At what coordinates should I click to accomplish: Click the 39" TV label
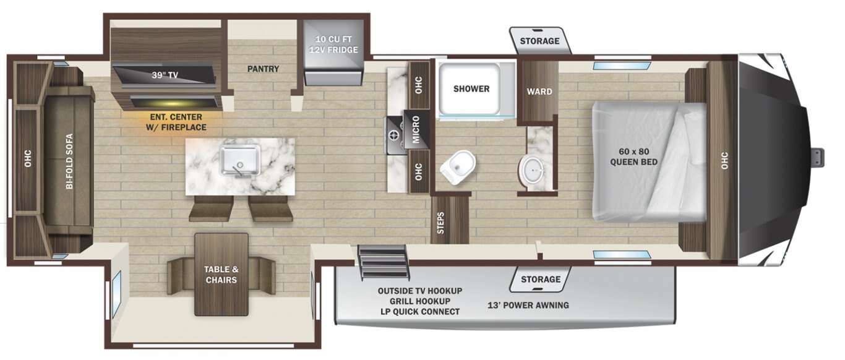(165, 75)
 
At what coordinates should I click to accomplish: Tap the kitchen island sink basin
(240, 160)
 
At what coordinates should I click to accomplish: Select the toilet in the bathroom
(458, 168)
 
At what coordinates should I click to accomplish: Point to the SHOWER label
(471, 88)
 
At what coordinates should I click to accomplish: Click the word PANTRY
(263, 69)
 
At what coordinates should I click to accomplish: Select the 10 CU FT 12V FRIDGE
(333, 52)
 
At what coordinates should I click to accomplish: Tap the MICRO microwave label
(416, 129)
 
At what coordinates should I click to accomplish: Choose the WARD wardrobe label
(539, 92)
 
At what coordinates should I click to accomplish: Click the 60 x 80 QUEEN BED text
(633, 156)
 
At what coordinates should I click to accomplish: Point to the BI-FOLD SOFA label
(69, 161)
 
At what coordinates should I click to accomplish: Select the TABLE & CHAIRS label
(221, 275)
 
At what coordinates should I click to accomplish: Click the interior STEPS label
(440, 223)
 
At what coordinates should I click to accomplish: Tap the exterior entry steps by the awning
(384, 263)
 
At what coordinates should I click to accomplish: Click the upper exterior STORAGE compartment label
(539, 41)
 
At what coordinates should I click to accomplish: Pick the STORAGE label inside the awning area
(541, 279)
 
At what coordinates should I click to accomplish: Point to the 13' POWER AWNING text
(528, 305)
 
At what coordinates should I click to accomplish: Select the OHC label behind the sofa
(28, 158)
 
